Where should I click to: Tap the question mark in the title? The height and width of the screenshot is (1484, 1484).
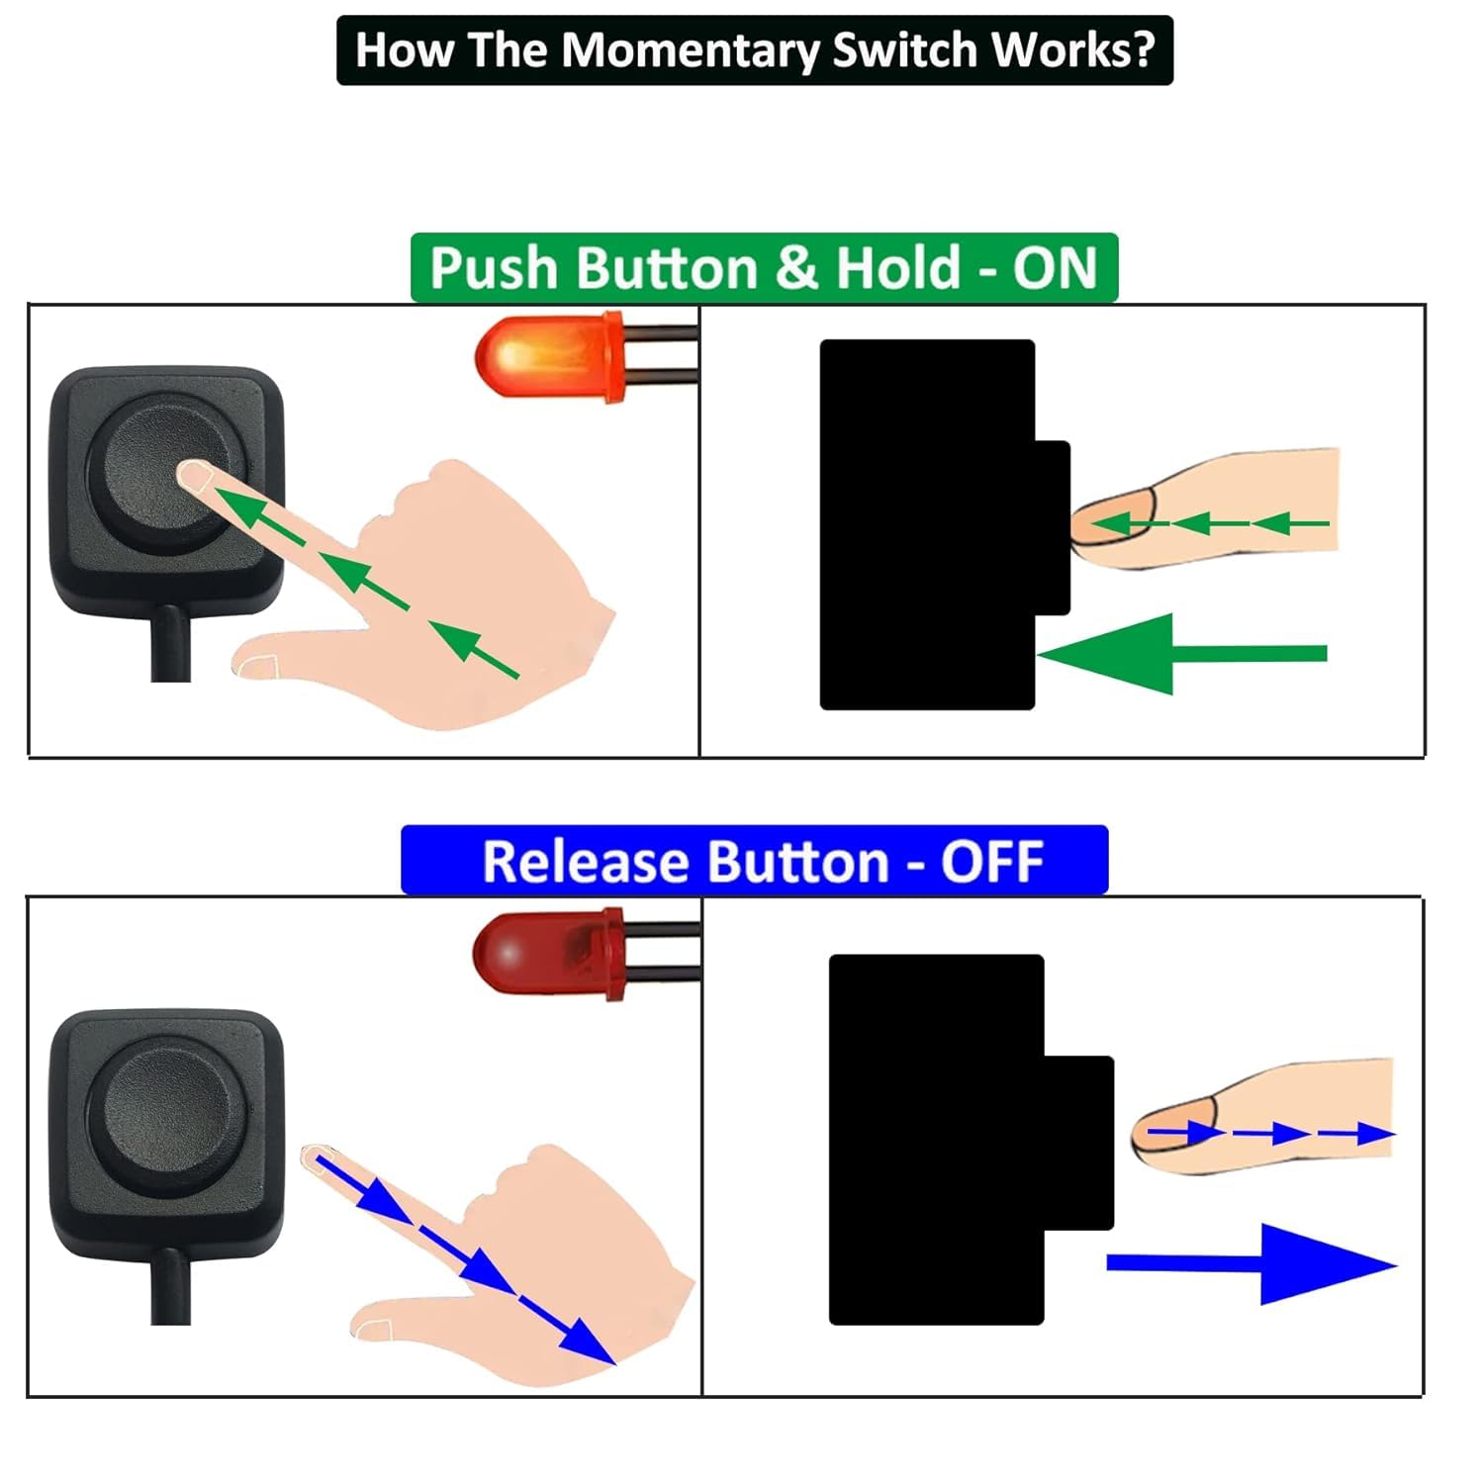1143,49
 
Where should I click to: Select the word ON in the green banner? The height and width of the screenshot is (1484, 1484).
1055,268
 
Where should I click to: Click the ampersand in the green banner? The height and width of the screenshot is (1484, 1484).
797,268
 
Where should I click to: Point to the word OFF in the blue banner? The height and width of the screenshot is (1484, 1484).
991,862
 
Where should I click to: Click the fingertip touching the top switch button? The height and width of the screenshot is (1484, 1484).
194,478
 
